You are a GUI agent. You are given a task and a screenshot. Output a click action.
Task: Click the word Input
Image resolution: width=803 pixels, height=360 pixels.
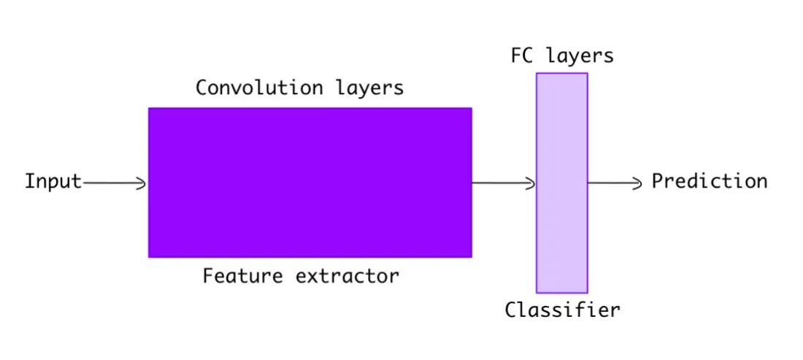[x=53, y=182]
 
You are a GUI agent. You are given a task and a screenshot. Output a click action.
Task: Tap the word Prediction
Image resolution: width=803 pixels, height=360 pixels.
[x=710, y=181]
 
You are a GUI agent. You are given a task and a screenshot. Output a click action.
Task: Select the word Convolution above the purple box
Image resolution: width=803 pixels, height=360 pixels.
[x=259, y=88]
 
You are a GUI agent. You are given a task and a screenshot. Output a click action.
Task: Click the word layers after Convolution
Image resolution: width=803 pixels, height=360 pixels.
[x=370, y=88]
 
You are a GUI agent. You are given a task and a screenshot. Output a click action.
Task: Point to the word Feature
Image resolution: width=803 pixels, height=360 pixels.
[x=242, y=276]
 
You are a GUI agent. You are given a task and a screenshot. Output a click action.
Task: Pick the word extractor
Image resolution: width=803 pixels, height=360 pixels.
[x=347, y=277]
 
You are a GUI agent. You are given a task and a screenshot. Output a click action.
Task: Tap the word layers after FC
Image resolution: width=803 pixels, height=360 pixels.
[x=580, y=56]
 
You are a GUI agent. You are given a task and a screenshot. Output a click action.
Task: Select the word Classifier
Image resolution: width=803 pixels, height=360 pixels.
[x=562, y=310]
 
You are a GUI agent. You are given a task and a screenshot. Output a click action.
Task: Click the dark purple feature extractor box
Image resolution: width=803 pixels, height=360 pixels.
[x=310, y=183]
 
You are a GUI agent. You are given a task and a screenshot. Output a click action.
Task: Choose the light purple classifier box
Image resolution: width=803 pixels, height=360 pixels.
[x=562, y=183]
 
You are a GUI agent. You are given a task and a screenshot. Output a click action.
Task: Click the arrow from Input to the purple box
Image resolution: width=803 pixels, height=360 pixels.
[x=115, y=183]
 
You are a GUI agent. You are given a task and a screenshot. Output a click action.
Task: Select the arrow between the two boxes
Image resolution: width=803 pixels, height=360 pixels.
[x=504, y=183]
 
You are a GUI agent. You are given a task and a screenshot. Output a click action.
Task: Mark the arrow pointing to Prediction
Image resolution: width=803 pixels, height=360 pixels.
[x=615, y=183]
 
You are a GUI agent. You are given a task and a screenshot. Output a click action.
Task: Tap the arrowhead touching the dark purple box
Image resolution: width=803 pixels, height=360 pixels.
[x=142, y=183]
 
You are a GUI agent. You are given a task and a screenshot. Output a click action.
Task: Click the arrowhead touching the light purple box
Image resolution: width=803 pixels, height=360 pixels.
[x=531, y=183]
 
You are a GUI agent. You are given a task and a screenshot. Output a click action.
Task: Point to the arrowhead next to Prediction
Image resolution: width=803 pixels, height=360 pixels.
[x=637, y=183]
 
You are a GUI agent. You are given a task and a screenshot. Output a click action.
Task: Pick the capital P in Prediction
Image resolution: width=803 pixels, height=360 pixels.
[x=658, y=181]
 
